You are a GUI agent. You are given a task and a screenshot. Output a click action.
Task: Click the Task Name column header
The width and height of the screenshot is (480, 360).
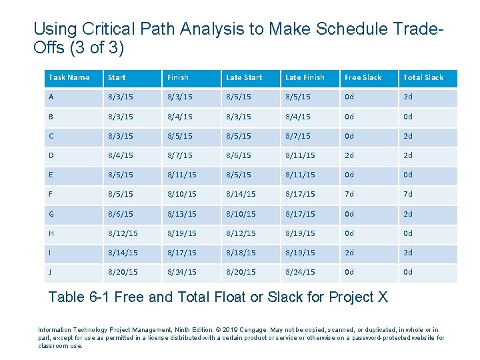[69, 77]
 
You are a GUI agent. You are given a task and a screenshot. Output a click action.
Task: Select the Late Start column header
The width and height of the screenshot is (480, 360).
[244, 77]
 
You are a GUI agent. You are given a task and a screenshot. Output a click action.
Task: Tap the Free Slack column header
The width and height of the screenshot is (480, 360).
[363, 77]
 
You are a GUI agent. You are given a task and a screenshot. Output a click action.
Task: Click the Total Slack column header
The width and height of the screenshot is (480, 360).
[423, 77]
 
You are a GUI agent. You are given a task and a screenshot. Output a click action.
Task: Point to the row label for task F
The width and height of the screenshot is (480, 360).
[51, 194]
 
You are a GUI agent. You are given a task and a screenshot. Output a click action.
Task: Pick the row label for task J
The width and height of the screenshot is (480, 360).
[51, 272]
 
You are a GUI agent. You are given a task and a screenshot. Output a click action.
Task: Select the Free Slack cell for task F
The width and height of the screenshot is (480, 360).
[350, 194]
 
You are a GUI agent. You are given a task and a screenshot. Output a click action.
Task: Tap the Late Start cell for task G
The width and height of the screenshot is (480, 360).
[241, 214]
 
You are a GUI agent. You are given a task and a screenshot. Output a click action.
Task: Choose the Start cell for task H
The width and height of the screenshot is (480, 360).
[123, 233]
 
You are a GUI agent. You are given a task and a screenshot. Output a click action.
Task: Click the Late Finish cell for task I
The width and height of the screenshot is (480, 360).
[300, 253]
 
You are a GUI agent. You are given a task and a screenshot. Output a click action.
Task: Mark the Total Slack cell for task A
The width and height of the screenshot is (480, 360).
[408, 97]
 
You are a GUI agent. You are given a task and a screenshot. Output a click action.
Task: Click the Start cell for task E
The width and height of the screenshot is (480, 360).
[120, 175]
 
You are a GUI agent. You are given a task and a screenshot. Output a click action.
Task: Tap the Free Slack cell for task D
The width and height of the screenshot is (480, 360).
[350, 155]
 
